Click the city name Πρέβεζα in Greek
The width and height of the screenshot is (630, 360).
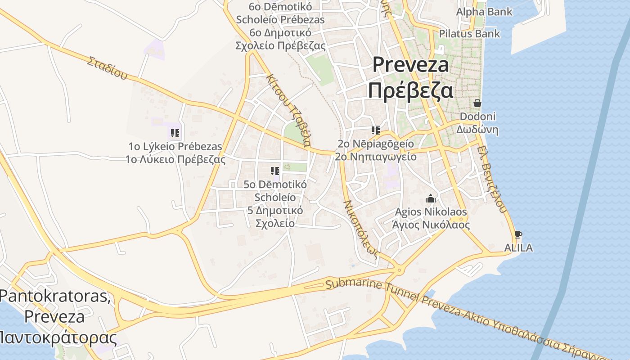(410, 90)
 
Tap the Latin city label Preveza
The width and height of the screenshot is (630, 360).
(410, 65)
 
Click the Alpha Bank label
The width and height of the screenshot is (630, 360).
(484, 12)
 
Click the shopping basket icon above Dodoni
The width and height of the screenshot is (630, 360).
(477, 103)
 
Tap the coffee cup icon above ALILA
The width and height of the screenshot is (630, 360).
(518, 234)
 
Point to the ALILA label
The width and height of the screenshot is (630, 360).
(518, 247)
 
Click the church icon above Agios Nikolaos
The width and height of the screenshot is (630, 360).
(431, 198)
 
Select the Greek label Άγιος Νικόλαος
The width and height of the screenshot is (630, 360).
(431, 225)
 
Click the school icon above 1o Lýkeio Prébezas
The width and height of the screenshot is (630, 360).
(175, 133)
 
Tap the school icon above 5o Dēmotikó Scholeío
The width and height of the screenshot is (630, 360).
(275, 171)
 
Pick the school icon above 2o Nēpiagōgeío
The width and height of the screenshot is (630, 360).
(376, 130)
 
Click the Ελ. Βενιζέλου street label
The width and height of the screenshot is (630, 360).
(493, 178)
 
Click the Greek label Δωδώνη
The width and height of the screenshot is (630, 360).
(477, 130)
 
